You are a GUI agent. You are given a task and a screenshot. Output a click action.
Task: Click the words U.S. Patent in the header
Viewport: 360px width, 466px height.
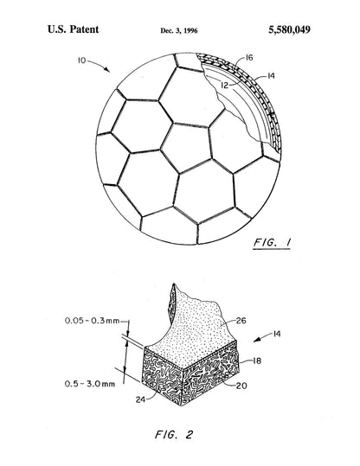click(x=74, y=29)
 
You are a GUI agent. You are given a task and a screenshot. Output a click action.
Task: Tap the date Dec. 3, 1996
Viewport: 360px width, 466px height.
click(x=179, y=30)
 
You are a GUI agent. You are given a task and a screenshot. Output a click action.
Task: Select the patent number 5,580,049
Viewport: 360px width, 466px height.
click(x=290, y=29)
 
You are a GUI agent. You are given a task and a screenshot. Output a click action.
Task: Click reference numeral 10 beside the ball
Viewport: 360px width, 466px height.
click(x=82, y=61)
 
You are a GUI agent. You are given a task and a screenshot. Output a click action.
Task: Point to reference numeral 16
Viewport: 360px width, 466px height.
click(x=249, y=57)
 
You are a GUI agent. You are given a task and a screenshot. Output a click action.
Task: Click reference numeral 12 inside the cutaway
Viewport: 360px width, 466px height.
click(x=225, y=86)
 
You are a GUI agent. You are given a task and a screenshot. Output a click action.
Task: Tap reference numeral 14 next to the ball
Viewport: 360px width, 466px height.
click(x=271, y=76)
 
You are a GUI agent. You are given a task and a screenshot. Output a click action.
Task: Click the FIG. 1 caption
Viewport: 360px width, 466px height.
click(x=272, y=242)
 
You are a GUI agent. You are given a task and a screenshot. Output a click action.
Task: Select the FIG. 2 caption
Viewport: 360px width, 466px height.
click(x=174, y=435)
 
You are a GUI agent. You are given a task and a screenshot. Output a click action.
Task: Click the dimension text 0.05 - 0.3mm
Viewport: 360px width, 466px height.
click(x=92, y=321)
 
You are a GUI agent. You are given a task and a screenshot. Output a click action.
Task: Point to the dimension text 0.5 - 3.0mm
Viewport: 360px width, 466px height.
click(x=89, y=384)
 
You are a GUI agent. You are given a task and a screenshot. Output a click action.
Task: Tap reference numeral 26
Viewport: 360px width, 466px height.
click(x=241, y=321)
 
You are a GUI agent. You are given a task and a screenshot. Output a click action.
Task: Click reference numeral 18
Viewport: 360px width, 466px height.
click(x=257, y=361)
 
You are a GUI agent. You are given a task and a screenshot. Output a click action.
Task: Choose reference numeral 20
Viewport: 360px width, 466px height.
click(x=241, y=386)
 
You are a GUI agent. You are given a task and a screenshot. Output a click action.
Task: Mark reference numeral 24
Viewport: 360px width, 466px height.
click(x=141, y=399)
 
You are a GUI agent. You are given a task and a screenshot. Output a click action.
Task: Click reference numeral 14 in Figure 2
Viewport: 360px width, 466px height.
click(x=277, y=334)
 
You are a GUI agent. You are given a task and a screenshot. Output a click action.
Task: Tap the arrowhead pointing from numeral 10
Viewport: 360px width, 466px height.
click(x=107, y=69)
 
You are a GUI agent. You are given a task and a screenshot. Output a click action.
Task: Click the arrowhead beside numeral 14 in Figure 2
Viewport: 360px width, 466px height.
click(x=256, y=341)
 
